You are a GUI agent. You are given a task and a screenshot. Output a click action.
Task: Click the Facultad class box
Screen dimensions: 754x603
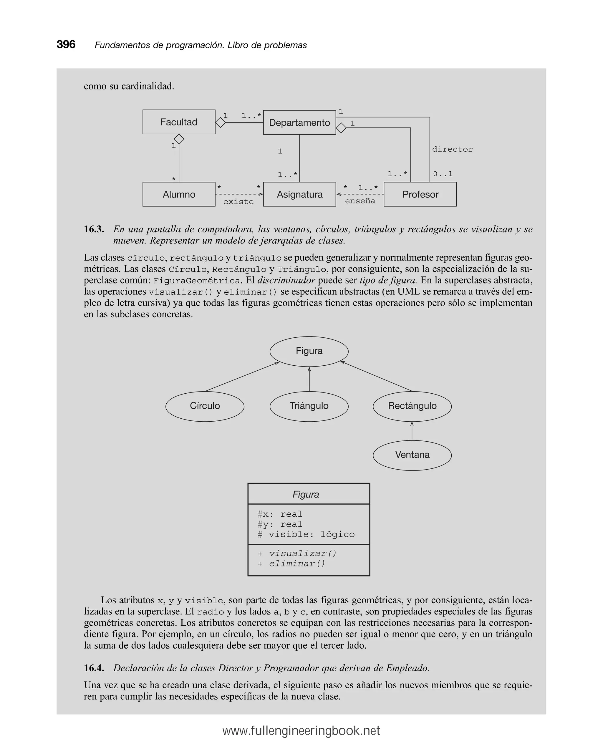tap(179, 122)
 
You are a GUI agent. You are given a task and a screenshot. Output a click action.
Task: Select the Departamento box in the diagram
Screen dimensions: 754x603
tap(299, 123)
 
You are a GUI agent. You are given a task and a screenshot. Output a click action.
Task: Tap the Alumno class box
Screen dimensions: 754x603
tap(179, 194)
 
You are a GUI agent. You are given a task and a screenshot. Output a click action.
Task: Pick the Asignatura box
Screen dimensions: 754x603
tap(299, 194)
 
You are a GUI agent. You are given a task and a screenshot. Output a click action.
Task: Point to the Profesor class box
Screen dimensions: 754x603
tap(420, 194)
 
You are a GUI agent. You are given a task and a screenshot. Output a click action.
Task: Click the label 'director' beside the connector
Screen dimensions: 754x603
tap(452, 149)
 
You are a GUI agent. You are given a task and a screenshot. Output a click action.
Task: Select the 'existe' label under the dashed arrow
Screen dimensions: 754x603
tap(238, 202)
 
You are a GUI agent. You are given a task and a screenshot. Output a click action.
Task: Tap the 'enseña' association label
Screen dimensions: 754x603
tap(360, 201)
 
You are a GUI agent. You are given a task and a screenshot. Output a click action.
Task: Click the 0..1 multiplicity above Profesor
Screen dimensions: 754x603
tap(443, 174)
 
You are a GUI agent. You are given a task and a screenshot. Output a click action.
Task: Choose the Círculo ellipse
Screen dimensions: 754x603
tap(205, 406)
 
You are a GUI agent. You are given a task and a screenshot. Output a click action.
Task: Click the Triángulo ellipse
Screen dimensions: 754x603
tap(309, 406)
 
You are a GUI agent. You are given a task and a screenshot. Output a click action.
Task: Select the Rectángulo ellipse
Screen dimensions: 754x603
tap(412, 406)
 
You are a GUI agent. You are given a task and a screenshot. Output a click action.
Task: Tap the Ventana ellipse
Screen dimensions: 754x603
tap(412, 455)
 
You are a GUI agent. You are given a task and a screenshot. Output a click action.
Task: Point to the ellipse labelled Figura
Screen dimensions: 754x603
tap(309, 351)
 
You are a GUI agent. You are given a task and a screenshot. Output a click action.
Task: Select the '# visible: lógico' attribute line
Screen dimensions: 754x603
tap(306, 534)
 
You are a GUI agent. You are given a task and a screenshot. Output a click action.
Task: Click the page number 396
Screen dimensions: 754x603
tap(66, 45)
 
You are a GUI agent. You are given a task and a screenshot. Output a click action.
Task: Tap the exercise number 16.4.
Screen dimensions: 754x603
tap(94, 668)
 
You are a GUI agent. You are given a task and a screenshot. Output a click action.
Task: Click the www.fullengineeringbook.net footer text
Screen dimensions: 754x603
tap(301, 731)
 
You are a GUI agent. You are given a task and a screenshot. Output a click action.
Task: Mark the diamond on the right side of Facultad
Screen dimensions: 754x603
tap(220, 122)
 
